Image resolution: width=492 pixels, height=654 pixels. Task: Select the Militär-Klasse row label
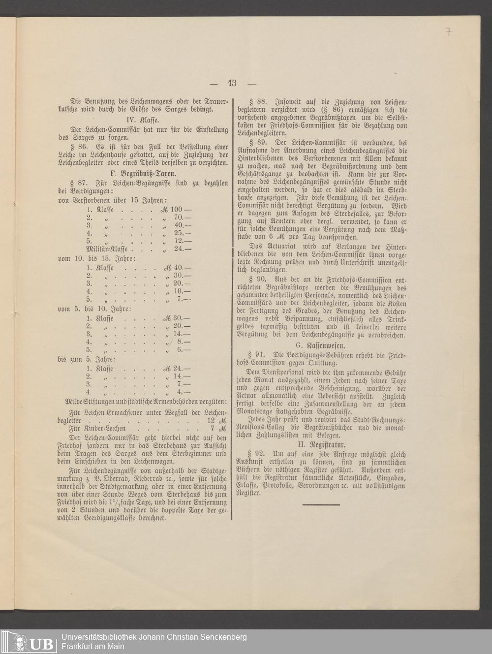click(x=106, y=249)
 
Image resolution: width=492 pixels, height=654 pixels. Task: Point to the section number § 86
click(x=79, y=146)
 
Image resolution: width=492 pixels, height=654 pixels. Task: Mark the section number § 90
click(x=257, y=279)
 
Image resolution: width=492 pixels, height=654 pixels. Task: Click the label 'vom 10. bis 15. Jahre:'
click(x=97, y=258)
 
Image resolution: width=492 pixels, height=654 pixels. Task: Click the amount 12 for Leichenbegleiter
click(x=212, y=422)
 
